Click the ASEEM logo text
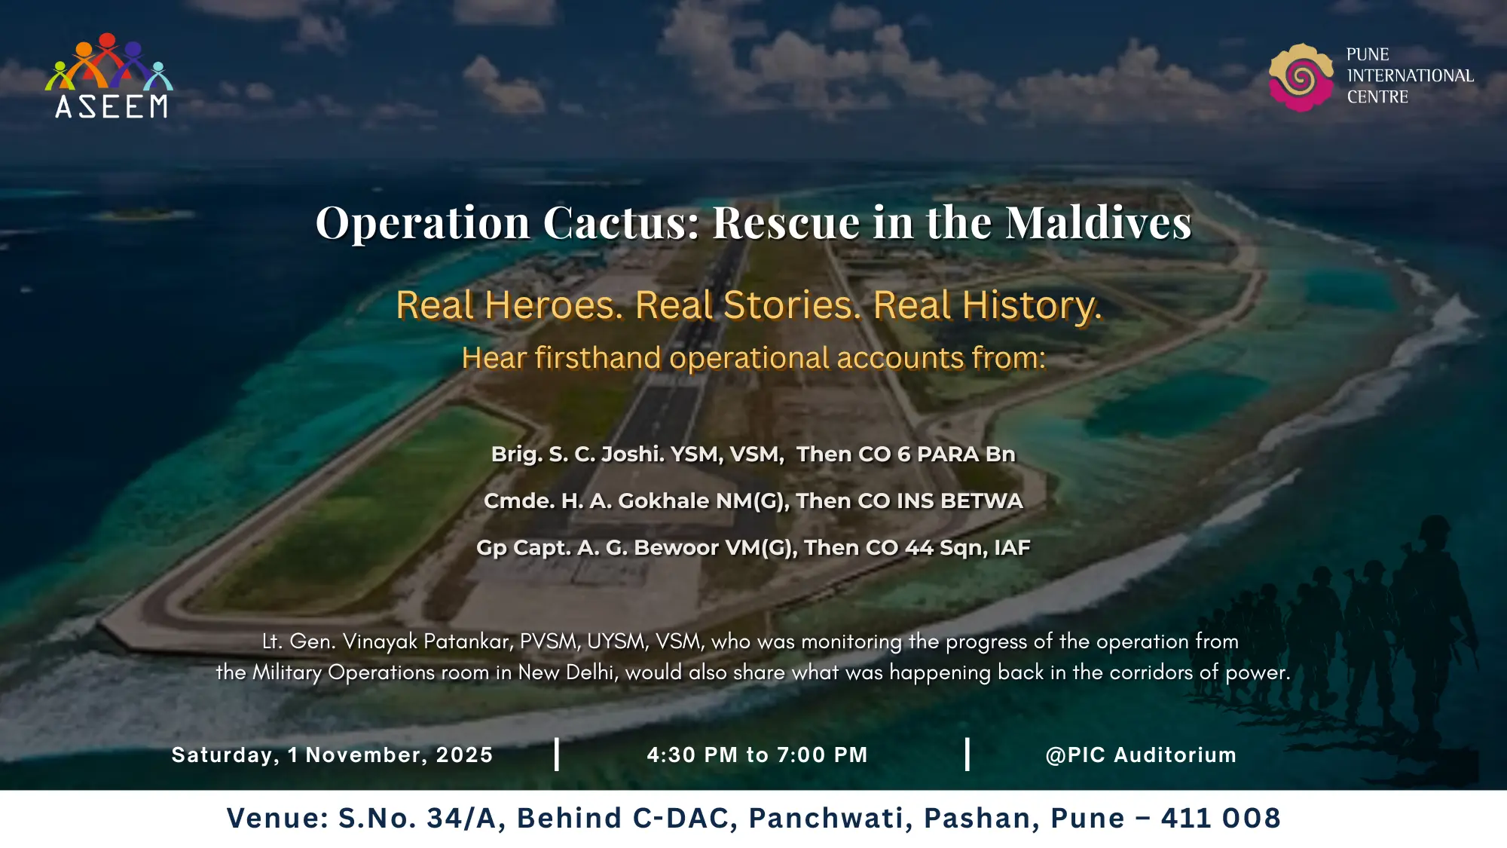pyautogui.click(x=112, y=106)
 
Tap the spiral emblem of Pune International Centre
pyautogui.click(x=1301, y=78)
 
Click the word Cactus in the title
pyautogui.click(x=621, y=223)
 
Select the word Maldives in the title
pyautogui.click(x=1099, y=223)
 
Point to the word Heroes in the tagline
pyautogui.click(x=554, y=305)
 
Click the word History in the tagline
pyautogui.click(x=1032, y=306)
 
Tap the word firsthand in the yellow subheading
pyautogui.click(x=598, y=357)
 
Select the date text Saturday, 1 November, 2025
pyautogui.click(x=332, y=755)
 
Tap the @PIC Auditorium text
pyautogui.click(x=1141, y=755)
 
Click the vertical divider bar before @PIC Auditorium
pyautogui.click(x=967, y=755)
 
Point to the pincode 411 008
pyautogui.click(x=1221, y=818)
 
